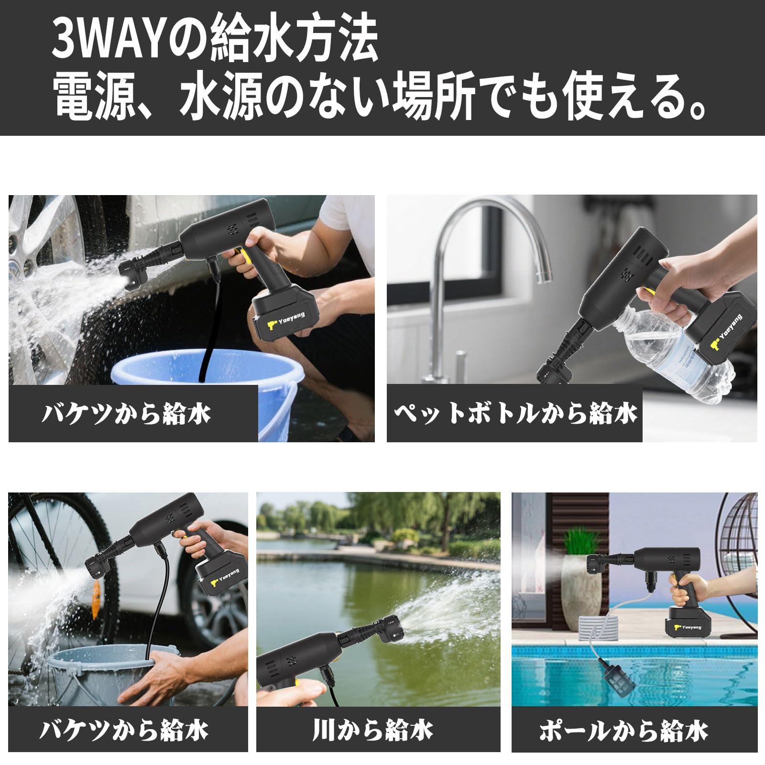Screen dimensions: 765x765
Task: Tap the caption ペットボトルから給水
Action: [515, 414]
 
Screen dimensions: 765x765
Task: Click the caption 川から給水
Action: [372, 731]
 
